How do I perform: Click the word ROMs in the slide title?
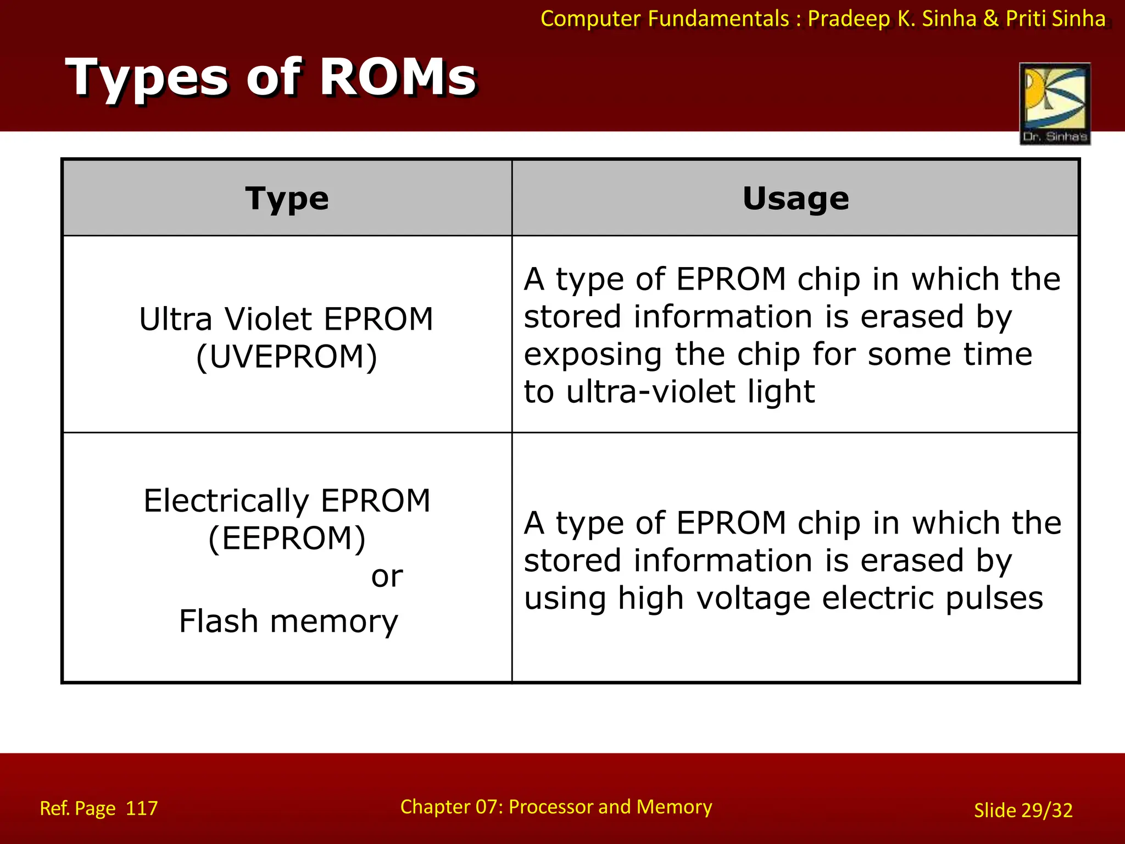[398, 77]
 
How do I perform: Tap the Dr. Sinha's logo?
[1055, 103]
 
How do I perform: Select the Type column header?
[287, 198]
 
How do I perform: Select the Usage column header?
[795, 198]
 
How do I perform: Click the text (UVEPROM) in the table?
[287, 357]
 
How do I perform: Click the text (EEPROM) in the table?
[287, 538]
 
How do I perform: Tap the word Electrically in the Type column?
[226, 501]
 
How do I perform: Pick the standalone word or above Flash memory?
[387, 576]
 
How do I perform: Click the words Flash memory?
[288, 621]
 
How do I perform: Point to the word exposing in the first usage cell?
[593, 354]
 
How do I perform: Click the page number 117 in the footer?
[142, 808]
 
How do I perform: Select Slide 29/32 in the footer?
[1023, 810]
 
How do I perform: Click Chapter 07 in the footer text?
[448, 807]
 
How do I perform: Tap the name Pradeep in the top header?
[849, 19]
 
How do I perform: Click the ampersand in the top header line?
[991, 19]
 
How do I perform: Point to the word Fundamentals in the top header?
[719, 19]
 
